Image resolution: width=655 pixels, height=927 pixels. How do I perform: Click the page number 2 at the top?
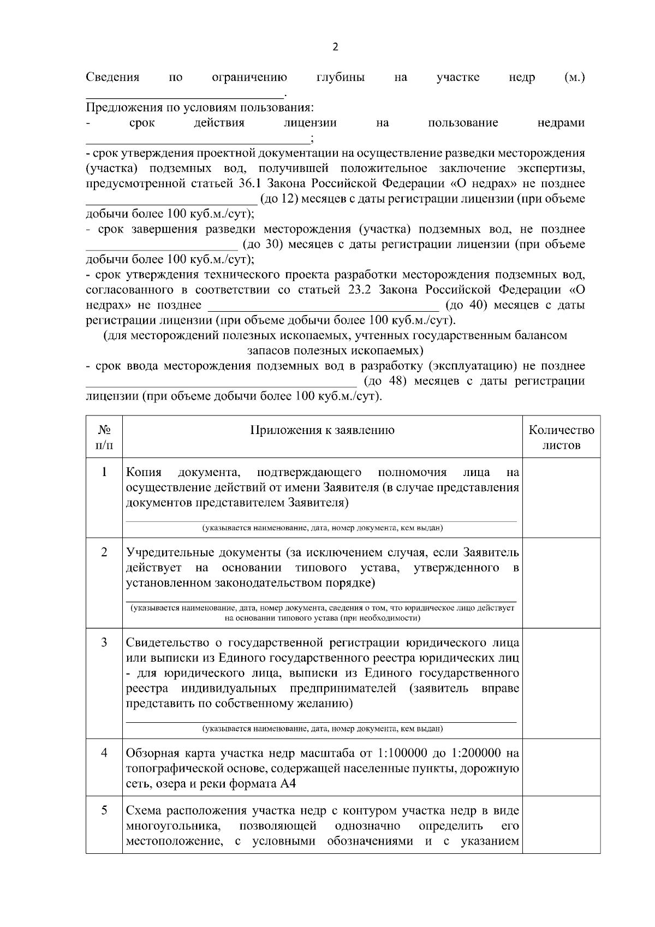(x=335, y=47)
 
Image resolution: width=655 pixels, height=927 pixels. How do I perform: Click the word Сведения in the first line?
(x=112, y=78)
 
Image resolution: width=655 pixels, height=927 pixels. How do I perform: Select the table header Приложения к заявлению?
(x=322, y=430)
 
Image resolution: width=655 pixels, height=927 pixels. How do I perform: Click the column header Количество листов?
(x=561, y=437)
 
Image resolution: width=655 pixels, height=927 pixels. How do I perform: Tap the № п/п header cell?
(x=104, y=437)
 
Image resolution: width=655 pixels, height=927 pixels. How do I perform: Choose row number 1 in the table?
(x=104, y=472)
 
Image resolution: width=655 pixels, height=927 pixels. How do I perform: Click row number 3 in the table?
(x=104, y=642)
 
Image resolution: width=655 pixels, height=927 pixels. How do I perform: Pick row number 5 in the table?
(x=104, y=810)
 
